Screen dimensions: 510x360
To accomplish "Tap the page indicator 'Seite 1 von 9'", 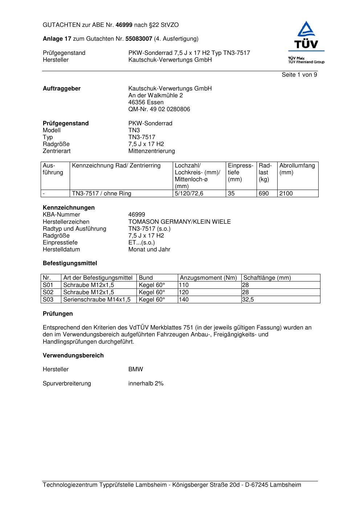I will point(299,75).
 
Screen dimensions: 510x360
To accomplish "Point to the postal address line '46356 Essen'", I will point(146,102).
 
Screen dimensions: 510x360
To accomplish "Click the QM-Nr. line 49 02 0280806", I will point(159,109).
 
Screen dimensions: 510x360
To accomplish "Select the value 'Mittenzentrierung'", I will point(151,151).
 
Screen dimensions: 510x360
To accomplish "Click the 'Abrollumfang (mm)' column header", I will point(297,169).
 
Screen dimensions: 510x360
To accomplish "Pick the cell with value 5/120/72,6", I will point(189,194).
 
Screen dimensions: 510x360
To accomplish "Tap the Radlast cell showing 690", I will point(263,194).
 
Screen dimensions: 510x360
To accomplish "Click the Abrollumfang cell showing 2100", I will point(286,194).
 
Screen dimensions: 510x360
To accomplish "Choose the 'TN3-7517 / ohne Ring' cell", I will point(102,194).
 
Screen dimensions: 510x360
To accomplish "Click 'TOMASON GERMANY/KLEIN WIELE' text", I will point(179,222).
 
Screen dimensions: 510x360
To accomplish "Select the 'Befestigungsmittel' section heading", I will point(70,263).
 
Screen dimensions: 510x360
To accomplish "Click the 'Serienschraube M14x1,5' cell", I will point(97,300).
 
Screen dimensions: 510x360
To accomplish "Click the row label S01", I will point(48,285).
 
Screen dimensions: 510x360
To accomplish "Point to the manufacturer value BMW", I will point(136,369).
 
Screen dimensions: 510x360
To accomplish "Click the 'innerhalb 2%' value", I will point(146,384).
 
